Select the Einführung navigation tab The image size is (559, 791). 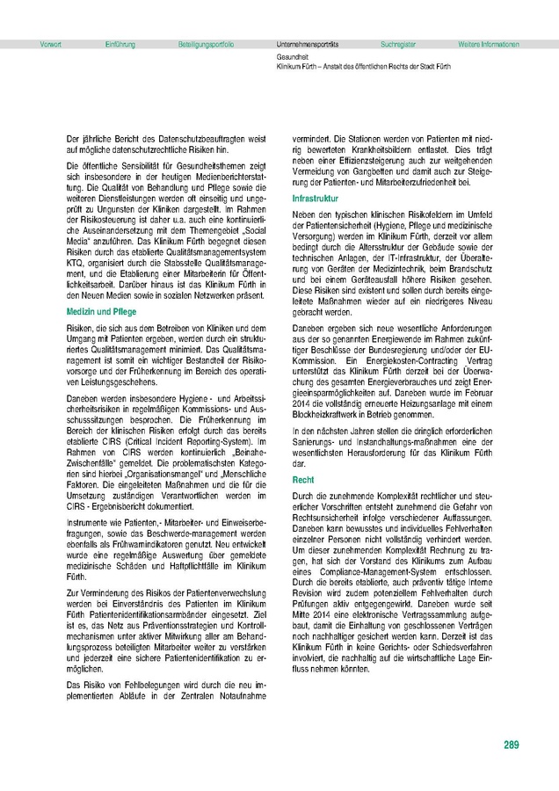tap(120, 43)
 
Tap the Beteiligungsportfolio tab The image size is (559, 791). tap(206, 43)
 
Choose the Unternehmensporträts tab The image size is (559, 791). tap(308, 43)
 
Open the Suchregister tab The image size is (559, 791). tap(398, 43)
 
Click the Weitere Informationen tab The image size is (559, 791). tap(489, 43)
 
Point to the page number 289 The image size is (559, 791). tap(512, 745)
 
